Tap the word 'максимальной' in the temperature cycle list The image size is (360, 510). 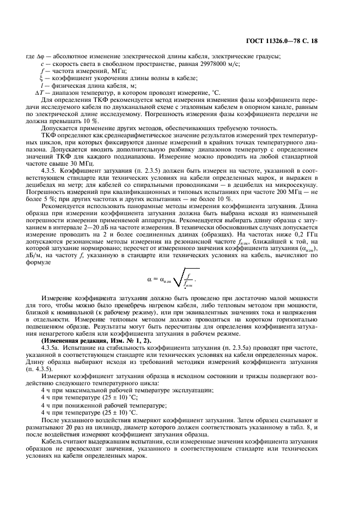[82, 390]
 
